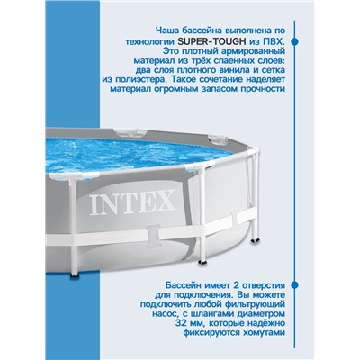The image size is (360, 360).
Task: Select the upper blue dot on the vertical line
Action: (x=295, y=41)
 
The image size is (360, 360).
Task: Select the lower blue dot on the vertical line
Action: (x=295, y=284)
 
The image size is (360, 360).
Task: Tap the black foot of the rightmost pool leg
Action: (x=256, y=241)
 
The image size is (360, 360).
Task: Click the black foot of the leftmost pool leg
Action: (x=74, y=274)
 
